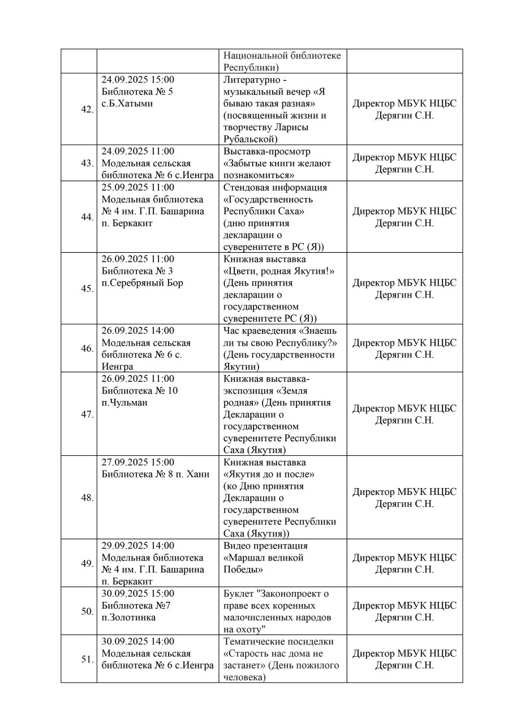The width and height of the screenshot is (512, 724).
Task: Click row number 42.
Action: pyautogui.click(x=87, y=109)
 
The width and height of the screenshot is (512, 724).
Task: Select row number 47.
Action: pyautogui.click(x=87, y=414)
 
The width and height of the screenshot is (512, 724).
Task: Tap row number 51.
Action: pyautogui.click(x=87, y=659)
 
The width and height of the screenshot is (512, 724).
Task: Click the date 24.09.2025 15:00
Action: pyautogui.click(x=138, y=79)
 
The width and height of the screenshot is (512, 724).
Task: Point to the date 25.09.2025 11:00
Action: pyautogui.click(x=138, y=187)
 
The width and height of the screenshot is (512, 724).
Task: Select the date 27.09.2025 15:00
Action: pyautogui.click(x=138, y=462)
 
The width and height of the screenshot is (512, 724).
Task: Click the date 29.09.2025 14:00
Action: pyautogui.click(x=138, y=546)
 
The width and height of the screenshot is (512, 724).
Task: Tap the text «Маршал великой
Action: pyautogui.click(x=264, y=558)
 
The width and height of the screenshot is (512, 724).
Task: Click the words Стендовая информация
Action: pyautogui.click(x=275, y=187)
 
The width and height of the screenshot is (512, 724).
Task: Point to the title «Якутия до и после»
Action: pyautogui.click(x=269, y=474)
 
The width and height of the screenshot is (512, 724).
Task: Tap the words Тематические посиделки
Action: pyautogui.click(x=278, y=641)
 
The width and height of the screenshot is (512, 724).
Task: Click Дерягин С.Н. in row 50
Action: pyautogui.click(x=404, y=617)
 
